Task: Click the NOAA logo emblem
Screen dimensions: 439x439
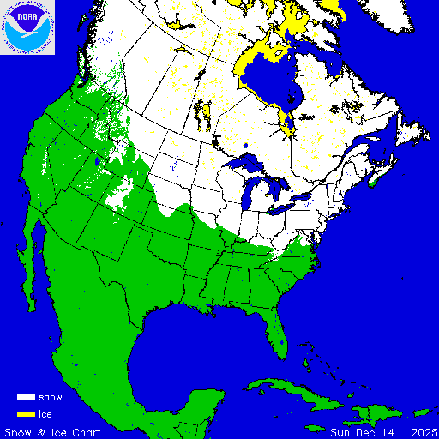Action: pos(28,27)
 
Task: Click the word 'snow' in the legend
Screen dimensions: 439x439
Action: pos(51,398)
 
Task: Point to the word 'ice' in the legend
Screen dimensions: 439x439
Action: pos(45,414)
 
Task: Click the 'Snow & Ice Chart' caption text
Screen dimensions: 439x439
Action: pos(53,431)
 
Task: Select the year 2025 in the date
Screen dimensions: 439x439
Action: pos(422,431)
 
